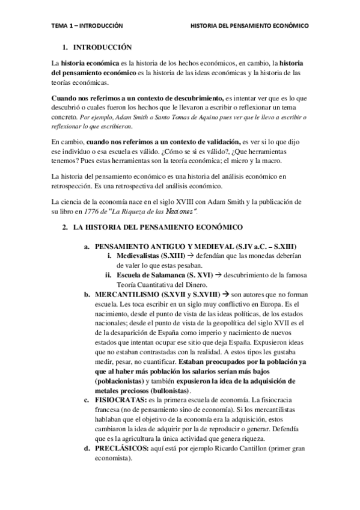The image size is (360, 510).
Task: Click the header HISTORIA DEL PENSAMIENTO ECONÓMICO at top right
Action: pyautogui.click(x=249, y=26)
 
